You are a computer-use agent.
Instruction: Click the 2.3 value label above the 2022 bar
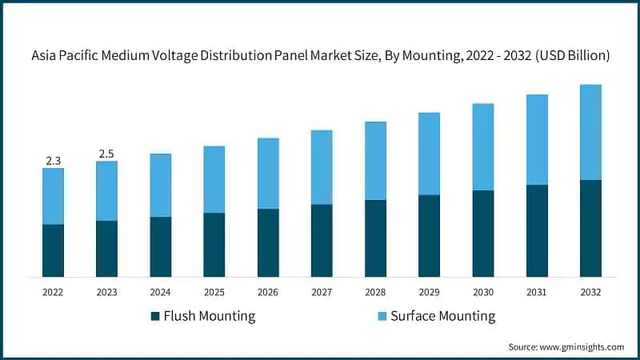(53, 161)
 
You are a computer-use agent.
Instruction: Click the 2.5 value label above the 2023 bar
(106, 154)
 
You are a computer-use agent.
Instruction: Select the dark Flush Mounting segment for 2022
(53, 250)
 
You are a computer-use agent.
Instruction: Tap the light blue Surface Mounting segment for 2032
(590, 132)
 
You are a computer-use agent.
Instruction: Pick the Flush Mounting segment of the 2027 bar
(322, 240)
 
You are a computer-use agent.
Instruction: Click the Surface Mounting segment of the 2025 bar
(214, 179)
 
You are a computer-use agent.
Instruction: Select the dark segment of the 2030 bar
(482, 233)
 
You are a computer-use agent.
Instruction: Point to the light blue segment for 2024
(160, 185)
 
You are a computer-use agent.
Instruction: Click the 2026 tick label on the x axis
(268, 293)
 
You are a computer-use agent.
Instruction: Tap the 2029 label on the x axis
(429, 293)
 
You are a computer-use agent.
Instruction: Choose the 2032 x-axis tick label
(590, 293)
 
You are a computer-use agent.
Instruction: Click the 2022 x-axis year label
(53, 293)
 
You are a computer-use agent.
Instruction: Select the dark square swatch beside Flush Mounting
(154, 316)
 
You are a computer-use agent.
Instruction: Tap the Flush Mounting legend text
(209, 316)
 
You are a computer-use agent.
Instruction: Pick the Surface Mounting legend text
(442, 316)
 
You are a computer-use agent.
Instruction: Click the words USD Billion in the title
(571, 56)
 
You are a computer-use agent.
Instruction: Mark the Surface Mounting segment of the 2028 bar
(375, 161)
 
